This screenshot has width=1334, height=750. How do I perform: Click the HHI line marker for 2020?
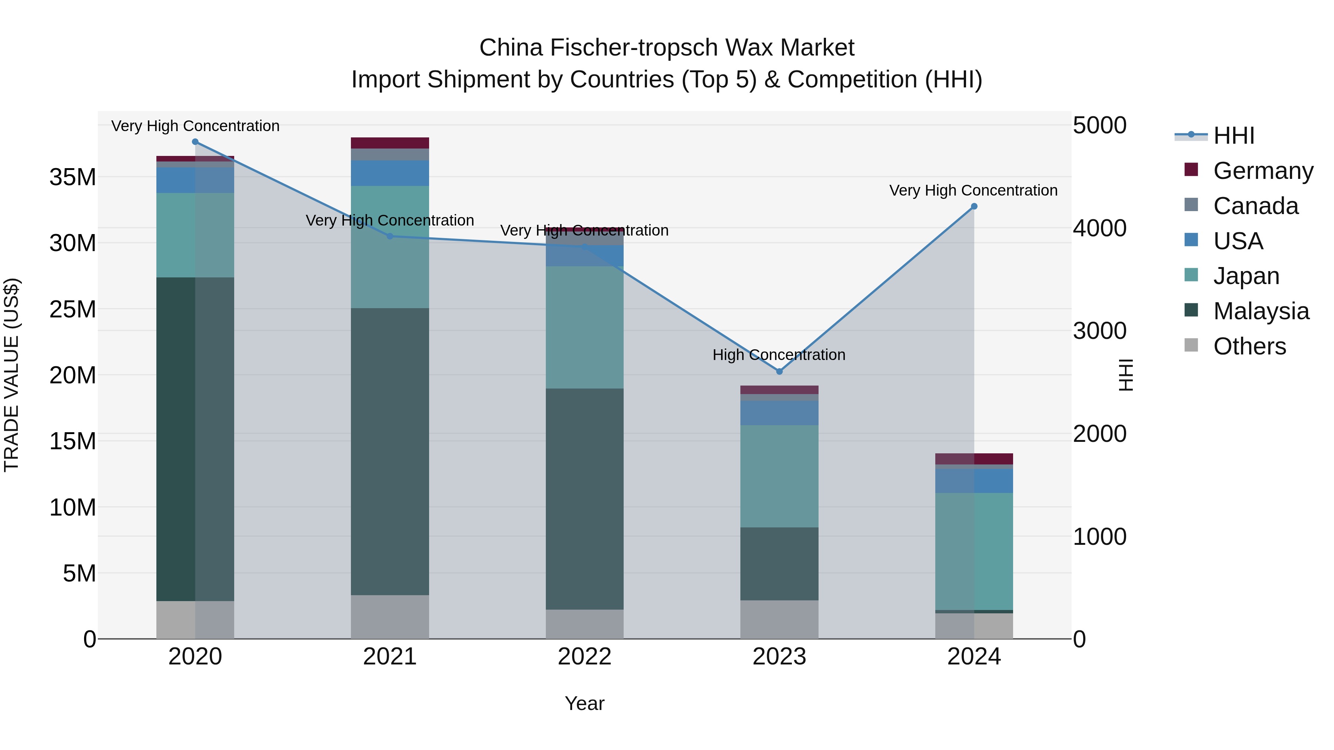click(195, 142)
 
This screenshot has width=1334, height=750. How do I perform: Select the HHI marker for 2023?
click(779, 371)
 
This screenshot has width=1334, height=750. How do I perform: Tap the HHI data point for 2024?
click(974, 207)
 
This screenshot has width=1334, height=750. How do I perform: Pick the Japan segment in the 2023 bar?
click(779, 476)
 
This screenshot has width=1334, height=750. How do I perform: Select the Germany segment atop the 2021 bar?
click(390, 143)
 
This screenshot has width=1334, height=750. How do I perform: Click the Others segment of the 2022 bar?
click(585, 624)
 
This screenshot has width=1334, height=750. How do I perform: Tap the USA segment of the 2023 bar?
click(779, 413)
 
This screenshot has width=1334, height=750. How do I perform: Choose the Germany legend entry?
click(1262, 171)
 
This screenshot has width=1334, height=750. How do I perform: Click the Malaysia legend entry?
click(1261, 311)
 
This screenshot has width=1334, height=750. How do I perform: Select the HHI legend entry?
click(1234, 136)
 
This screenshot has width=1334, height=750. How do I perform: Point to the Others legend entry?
click(1249, 346)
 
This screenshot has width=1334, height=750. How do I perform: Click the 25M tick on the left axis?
click(73, 310)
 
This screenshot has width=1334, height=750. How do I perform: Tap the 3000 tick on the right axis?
click(1099, 331)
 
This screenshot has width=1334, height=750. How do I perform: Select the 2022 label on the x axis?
click(585, 657)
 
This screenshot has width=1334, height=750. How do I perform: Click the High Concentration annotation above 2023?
click(779, 355)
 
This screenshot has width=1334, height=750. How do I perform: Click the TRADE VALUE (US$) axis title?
click(11, 375)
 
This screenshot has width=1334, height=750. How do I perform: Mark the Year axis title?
click(585, 703)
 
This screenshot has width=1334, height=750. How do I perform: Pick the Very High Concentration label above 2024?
click(973, 190)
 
